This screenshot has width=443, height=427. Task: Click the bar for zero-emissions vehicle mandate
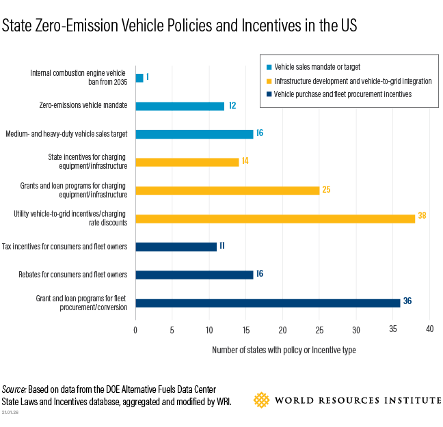(x=180, y=106)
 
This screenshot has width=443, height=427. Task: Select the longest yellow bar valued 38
(x=276, y=219)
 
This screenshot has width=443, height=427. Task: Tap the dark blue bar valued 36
(x=268, y=303)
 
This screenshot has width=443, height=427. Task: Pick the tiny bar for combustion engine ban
(x=139, y=78)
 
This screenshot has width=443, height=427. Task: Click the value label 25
(x=326, y=190)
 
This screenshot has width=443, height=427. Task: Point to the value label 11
(x=222, y=246)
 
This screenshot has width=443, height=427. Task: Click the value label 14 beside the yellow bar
(x=245, y=162)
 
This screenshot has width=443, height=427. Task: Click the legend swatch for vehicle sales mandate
(x=269, y=67)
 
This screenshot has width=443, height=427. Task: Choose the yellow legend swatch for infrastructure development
(x=269, y=81)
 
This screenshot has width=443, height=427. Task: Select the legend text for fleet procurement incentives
(x=343, y=94)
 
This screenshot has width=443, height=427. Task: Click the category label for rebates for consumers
(x=73, y=275)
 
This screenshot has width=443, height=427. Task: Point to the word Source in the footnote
(x=14, y=387)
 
